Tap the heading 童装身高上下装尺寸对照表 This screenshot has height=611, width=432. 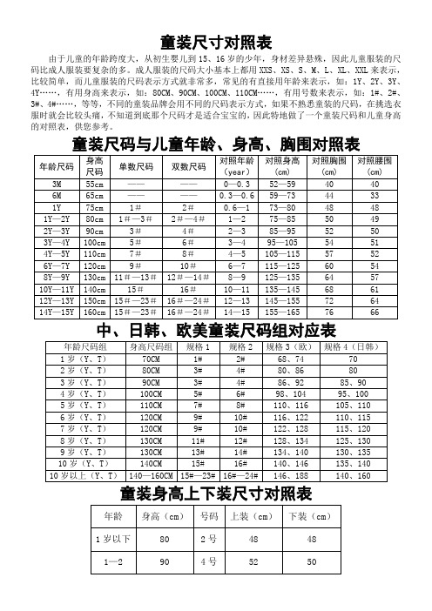click(216, 493)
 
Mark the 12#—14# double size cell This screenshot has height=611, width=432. click(188, 299)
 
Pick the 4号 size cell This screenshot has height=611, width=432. click(209, 563)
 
